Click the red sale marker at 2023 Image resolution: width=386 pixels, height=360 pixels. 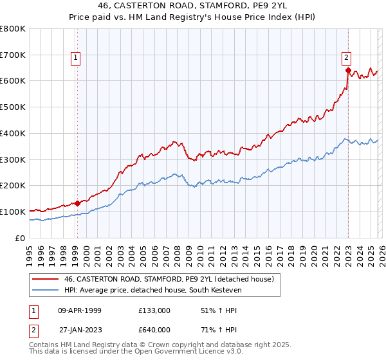pos(348,70)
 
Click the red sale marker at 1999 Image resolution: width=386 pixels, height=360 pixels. pos(77,203)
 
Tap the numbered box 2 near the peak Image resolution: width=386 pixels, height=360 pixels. pos(346,56)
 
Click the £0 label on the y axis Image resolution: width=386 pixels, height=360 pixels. pos(19,238)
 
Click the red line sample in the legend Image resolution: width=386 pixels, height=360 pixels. pos(46,279)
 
